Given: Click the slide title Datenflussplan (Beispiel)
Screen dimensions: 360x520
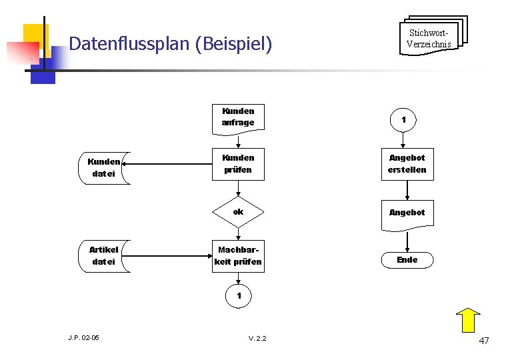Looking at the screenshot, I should click(x=171, y=45).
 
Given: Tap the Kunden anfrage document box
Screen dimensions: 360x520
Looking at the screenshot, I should click(x=238, y=117).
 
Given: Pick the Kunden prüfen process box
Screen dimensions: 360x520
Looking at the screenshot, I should click(x=238, y=164).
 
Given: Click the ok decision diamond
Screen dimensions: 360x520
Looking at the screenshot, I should click(x=238, y=212).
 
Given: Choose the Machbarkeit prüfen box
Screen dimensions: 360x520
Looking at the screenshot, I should click(x=238, y=256).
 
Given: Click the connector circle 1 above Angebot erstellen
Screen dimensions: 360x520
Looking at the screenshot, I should click(x=403, y=120).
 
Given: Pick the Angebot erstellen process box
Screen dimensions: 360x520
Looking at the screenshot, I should click(x=407, y=164).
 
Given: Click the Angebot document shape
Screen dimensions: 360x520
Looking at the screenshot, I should click(x=407, y=213).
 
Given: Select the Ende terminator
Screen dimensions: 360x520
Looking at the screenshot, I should click(x=407, y=260).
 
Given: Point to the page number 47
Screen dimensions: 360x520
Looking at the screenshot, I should click(x=484, y=341).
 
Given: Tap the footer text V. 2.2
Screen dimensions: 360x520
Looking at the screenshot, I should click(x=257, y=339).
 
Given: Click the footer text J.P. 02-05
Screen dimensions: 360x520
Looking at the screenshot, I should click(x=83, y=338).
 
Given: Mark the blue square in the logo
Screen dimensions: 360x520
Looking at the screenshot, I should click(x=43, y=70).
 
